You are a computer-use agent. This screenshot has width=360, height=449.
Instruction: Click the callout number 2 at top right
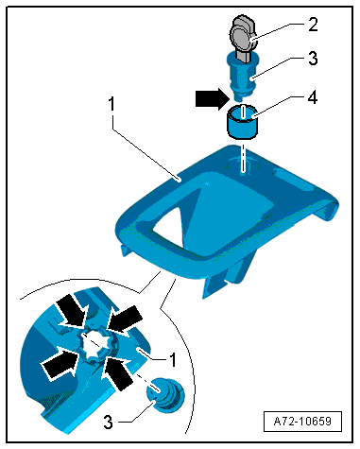tap(313, 25)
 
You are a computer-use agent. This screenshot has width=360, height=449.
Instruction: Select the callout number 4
tap(312, 97)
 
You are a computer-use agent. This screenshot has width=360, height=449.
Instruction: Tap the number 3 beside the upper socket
tap(313, 59)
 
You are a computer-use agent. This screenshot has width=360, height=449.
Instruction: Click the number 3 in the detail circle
tap(108, 422)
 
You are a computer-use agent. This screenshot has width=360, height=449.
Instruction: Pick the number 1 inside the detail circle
tap(172, 359)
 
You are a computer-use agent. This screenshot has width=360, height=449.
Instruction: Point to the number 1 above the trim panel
tap(111, 104)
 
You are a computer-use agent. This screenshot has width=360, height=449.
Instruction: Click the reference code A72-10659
tap(302, 422)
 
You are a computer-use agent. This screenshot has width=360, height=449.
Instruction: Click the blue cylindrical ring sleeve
tap(243, 121)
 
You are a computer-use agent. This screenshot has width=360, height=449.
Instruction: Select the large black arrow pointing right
tap(212, 98)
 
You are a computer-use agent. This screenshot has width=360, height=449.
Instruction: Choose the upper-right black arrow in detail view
tap(125, 319)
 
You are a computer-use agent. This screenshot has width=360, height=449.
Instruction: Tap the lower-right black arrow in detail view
tap(117, 372)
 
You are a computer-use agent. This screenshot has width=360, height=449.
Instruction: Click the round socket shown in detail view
tap(165, 395)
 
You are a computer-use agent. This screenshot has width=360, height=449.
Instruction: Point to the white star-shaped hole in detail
tap(94, 346)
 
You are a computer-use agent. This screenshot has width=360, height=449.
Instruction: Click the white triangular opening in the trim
tap(167, 226)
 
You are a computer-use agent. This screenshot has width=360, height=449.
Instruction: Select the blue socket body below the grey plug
tap(242, 75)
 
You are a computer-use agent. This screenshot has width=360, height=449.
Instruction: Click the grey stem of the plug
tap(242, 56)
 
